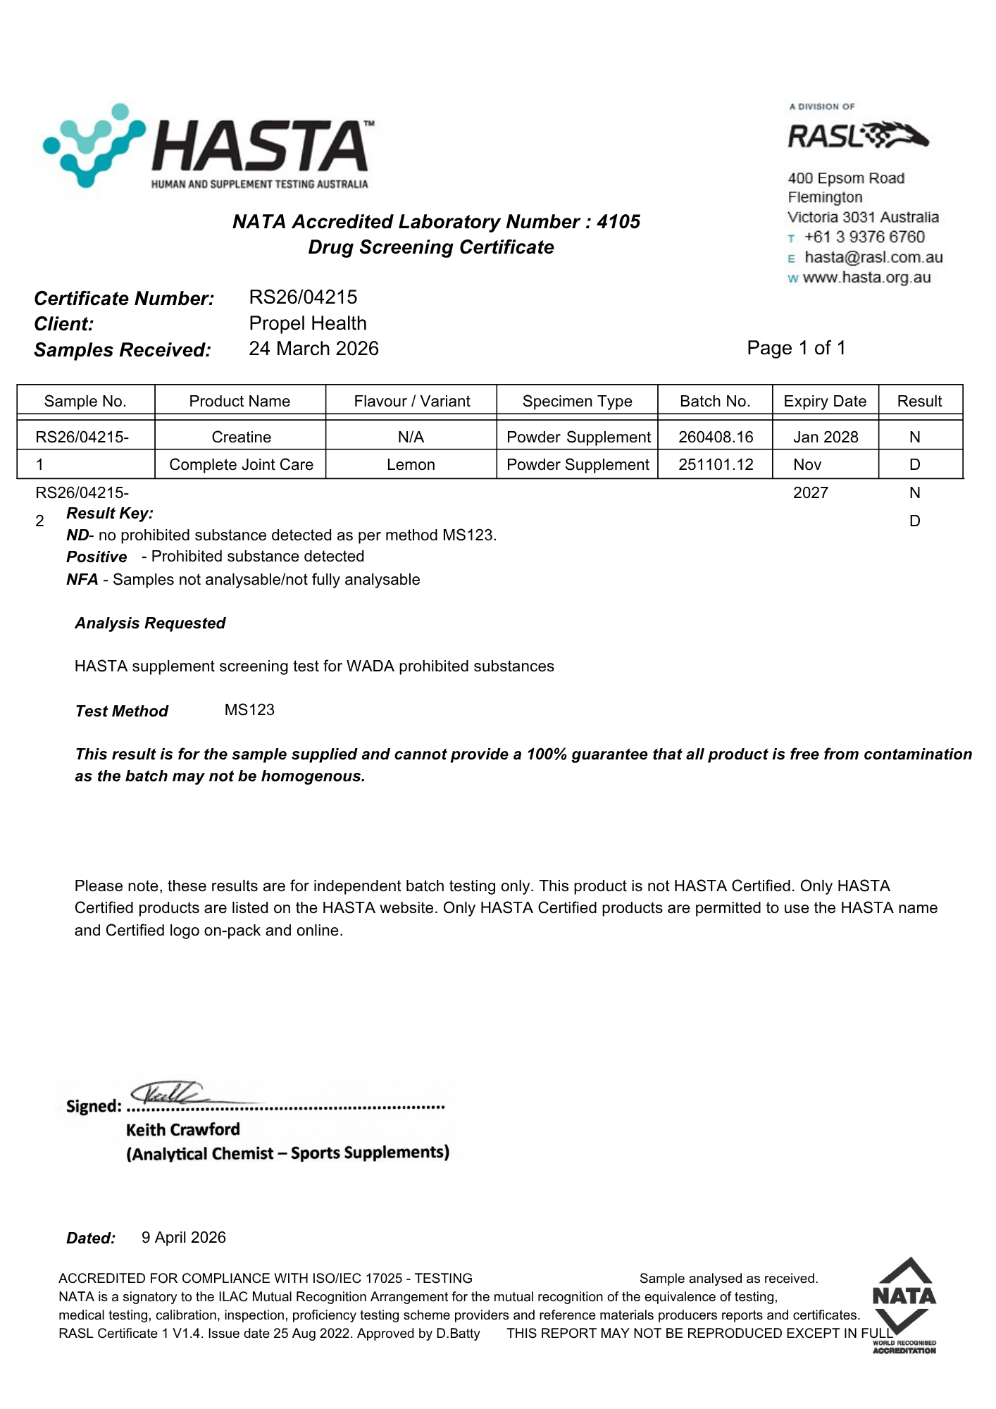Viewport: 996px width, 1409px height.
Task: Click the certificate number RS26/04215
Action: [x=303, y=297]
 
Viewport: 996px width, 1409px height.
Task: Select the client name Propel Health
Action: [x=308, y=323]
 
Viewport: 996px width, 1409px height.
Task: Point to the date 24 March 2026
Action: [x=313, y=349]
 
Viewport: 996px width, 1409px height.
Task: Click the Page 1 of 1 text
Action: [x=796, y=348]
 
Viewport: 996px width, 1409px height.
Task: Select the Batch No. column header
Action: [x=714, y=402]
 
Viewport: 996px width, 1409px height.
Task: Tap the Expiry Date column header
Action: [x=825, y=402]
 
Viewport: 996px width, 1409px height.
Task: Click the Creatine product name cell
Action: [x=241, y=437]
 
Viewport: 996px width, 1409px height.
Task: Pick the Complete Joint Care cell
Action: [x=241, y=465]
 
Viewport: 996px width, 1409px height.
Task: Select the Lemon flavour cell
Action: [x=411, y=465]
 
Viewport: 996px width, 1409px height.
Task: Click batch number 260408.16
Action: [x=716, y=437]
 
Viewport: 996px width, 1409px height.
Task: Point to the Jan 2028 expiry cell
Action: [x=826, y=437]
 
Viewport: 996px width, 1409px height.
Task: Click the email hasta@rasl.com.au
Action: [x=873, y=258]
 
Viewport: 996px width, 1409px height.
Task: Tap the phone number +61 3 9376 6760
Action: [x=864, y=237]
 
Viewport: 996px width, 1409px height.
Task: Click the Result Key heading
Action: [x=110, y=514]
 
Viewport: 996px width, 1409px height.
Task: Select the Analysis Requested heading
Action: [x=150, y=623]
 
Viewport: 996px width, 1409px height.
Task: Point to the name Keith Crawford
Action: [x=183, y=1130]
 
